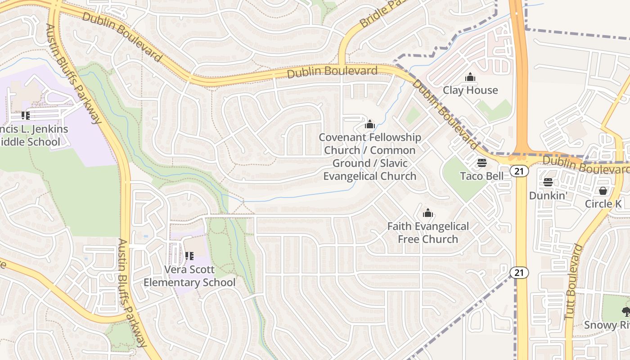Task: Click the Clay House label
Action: click(470, 90)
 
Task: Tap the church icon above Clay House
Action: click(470, 77)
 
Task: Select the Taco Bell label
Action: click(482, 176)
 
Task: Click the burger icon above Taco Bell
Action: click(482, 162)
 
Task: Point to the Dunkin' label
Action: click(548, 196)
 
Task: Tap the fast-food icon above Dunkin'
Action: click(548, 182)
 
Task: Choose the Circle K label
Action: click(603, 204)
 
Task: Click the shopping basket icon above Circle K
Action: click(603, 191)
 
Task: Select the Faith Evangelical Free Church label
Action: click(428, 233)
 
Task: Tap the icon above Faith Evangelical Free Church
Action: click(428, 213)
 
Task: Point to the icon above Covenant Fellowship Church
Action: click(370, 124)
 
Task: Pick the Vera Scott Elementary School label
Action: click(189, 276)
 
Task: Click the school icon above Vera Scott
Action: click(189, 256)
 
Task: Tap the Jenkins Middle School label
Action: click(34, 135)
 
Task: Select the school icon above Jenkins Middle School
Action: click(26, 116)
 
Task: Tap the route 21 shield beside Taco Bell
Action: click(519, 171)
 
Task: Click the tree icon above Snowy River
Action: click(625, 311)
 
